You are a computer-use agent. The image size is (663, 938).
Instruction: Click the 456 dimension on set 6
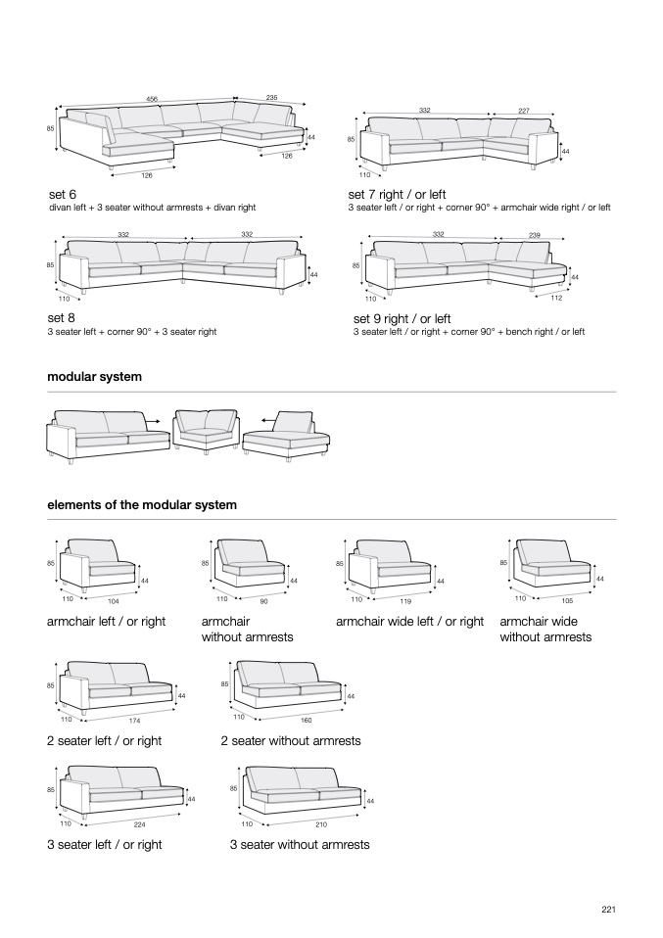[x=152, y=99]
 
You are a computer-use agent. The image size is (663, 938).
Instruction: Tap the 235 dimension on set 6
[x=271, y=98]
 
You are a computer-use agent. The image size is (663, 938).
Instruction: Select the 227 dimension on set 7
[x=523, y=111]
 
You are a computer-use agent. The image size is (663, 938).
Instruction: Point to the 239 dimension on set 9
[x=534, y=235]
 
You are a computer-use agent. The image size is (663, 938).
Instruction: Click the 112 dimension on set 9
[x=556, y=298]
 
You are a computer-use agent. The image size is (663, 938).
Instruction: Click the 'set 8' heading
[x=61, y=318]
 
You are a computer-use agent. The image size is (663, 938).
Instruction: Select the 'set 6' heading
[x=63, y=194]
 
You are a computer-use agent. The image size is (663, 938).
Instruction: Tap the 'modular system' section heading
[x=94, y=377]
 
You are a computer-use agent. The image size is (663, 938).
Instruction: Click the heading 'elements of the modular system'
[x=142, y=505]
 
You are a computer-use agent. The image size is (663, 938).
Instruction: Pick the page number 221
[x=608, y=910]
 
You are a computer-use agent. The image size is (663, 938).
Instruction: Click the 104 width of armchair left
[x=114, y=600]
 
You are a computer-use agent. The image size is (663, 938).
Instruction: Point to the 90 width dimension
[x=263, y=600]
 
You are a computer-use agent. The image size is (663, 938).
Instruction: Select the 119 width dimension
[x=404, y=600]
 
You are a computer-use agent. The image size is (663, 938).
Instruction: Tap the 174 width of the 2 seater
[x=134, y=721]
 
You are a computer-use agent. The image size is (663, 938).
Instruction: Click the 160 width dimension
[x=306, y=720]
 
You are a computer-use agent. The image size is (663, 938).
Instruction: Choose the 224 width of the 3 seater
[x=139, y=824]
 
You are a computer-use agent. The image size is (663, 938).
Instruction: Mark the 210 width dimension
[x=320, y=824]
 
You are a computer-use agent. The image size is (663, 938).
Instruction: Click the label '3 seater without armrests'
[x=300, y=845]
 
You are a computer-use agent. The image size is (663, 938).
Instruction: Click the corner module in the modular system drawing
[x=207, y=430]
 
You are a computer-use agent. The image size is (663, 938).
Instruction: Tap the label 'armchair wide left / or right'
[x=409, y=622]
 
